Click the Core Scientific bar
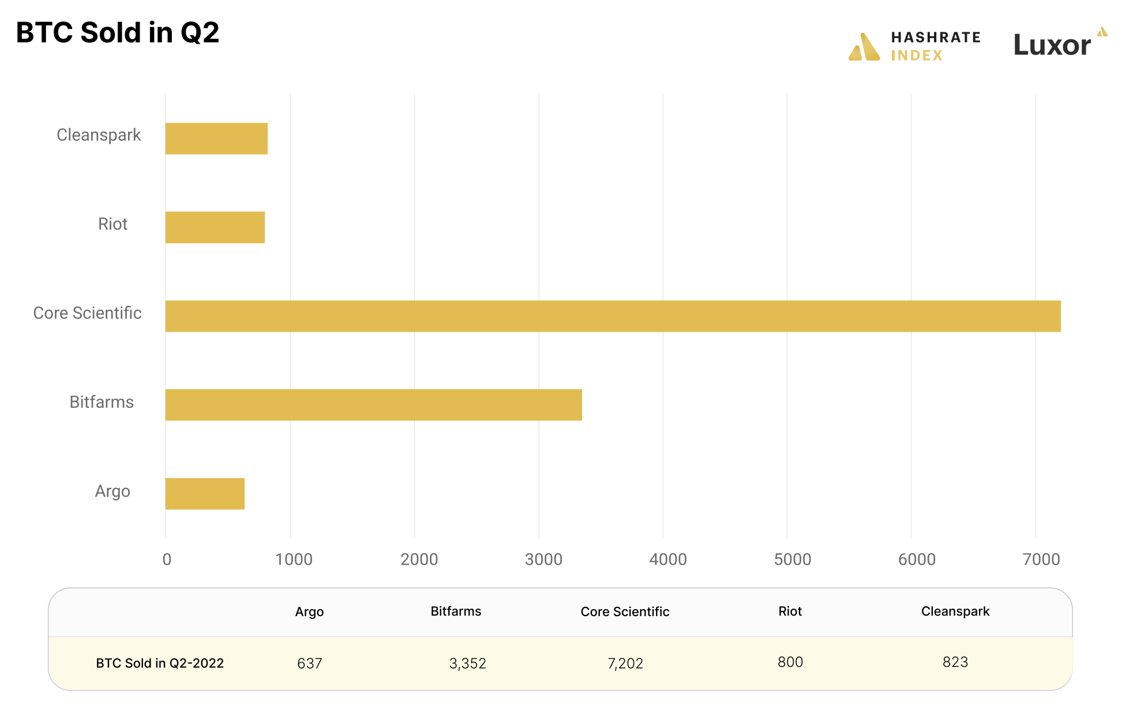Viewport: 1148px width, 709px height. pos(613,316)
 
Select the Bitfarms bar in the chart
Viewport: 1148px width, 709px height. pos(373,405)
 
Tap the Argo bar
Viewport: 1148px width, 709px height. pos(205,494)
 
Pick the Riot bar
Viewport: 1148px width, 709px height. pos(215,227)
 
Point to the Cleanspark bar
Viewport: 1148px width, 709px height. pos(216,138)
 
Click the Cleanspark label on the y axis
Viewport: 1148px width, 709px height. pos(99,135)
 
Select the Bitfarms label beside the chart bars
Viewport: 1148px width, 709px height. pos(102,402)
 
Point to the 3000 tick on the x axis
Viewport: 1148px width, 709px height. pos(543,559)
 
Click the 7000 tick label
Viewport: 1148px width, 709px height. pos(1041,559)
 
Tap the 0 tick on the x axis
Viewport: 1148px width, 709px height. pos(167,559)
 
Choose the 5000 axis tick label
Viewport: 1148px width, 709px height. pos(792,559)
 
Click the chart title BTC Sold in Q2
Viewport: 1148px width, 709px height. pos(118,32)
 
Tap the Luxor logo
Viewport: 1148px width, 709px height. pos(1060,44)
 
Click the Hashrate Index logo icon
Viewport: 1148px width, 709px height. pos(864,47)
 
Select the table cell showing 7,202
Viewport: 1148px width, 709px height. pos(625,663)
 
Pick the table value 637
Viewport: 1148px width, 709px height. pos(309,663)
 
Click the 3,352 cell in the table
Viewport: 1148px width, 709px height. pos(467,663)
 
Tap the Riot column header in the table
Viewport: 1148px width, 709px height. pos(790,612)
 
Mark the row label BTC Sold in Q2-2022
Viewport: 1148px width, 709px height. pos(160,663)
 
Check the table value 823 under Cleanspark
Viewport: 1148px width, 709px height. pos(955,662)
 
